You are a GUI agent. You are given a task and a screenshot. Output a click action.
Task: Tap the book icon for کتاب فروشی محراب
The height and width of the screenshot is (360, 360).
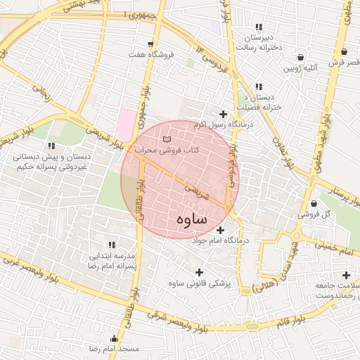(167, 139)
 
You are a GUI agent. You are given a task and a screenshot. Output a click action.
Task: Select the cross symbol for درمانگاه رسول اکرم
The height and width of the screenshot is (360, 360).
(224, 114)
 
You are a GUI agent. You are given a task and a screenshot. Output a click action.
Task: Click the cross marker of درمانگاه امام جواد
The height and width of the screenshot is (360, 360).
(221, 230)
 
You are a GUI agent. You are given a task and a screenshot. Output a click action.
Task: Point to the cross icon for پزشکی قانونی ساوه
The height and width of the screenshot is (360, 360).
(199, 272)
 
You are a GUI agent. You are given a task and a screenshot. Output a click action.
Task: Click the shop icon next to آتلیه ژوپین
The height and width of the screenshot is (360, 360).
(301, 57)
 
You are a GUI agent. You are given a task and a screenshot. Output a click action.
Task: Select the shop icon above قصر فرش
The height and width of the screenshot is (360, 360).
(344, 52)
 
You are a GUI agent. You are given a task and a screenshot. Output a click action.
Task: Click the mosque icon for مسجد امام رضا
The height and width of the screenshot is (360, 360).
(105, 339)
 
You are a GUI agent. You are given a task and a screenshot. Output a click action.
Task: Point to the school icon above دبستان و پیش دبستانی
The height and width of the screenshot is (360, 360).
(51, 146)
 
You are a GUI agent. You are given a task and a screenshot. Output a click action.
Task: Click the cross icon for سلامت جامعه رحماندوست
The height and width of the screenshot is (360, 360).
(345, 275)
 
